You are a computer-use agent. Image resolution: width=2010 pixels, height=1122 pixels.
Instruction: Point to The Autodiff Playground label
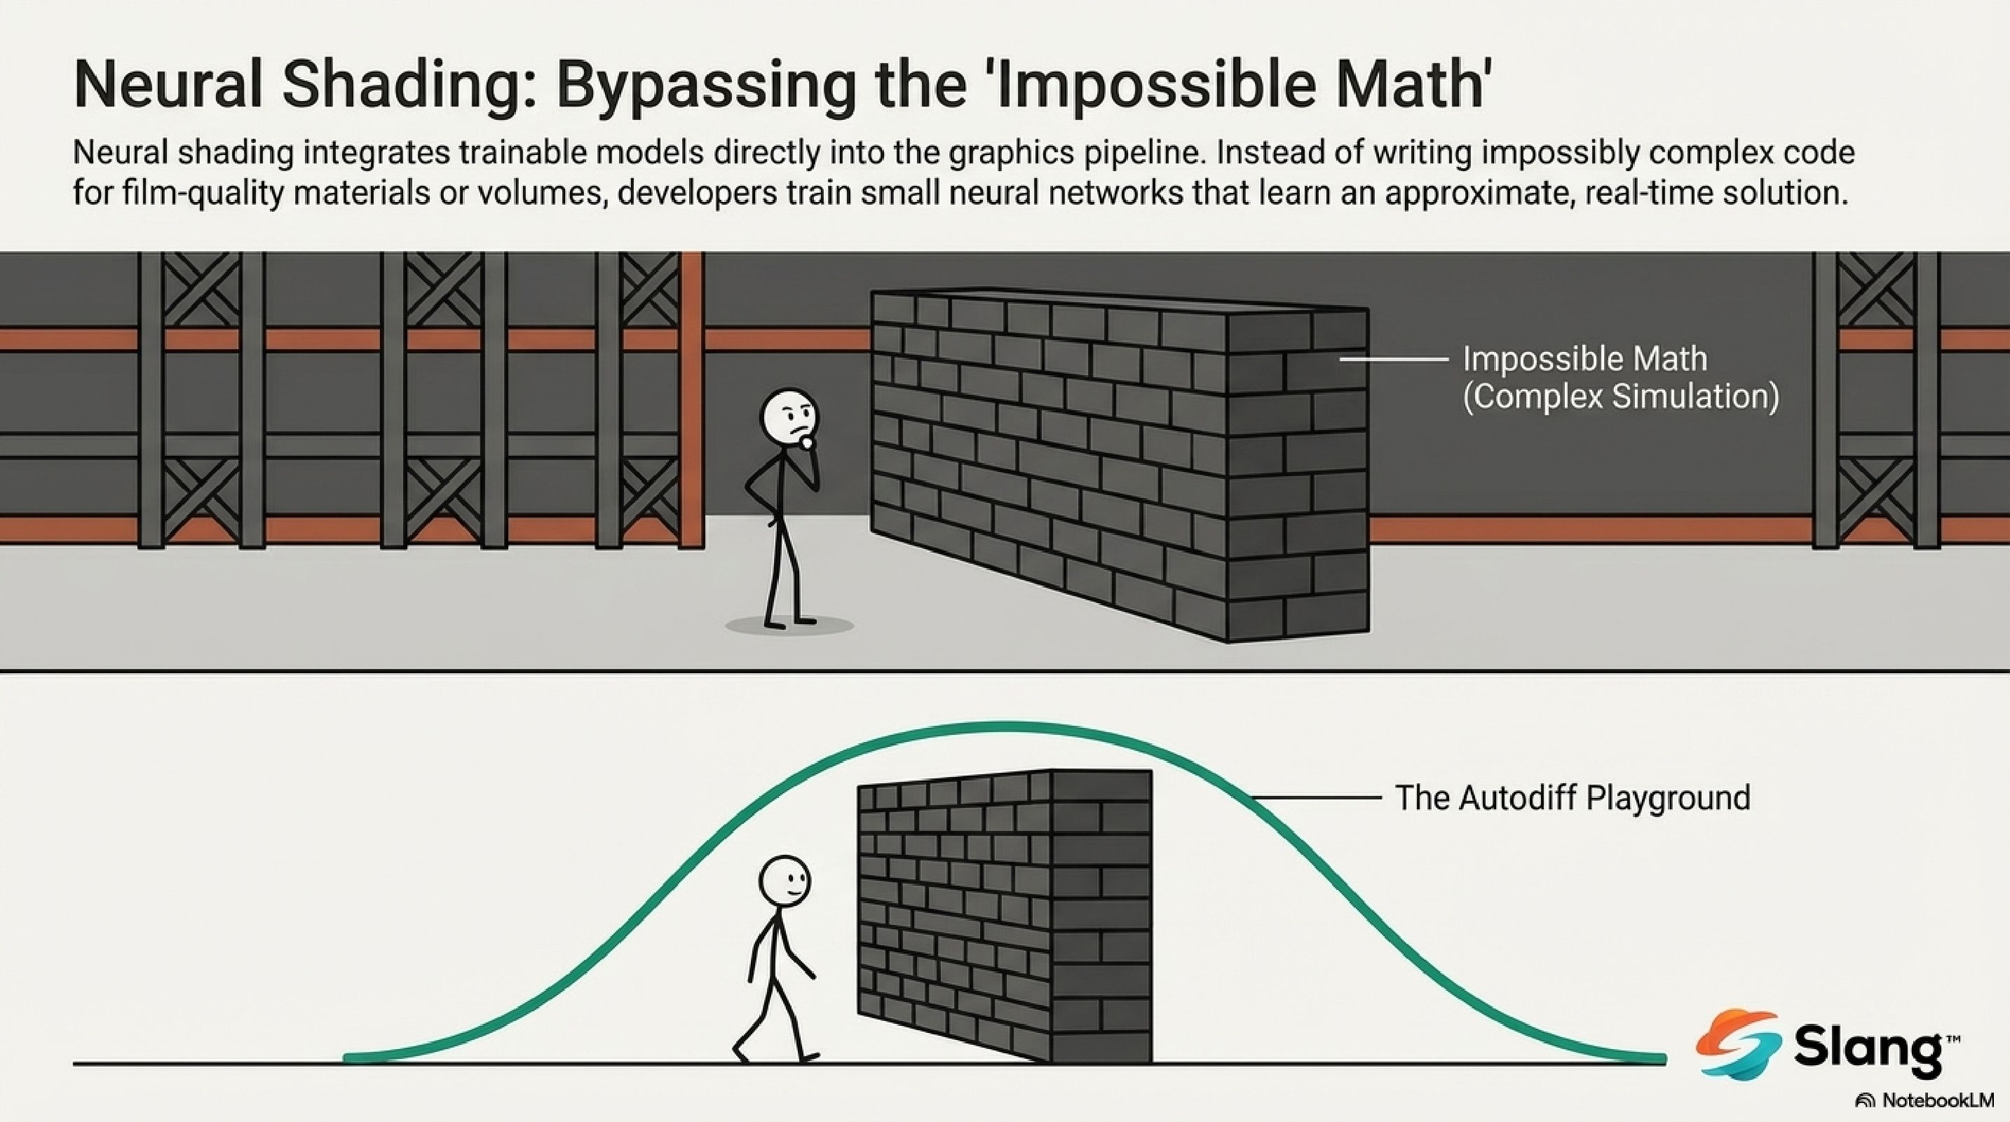point(1573,797)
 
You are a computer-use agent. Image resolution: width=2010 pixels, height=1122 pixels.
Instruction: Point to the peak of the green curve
point(1007,726)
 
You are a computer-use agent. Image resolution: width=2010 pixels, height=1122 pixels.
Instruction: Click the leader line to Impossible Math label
point(1394,359)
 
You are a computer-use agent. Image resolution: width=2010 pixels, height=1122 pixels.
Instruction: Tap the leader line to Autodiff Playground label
point(1315,797)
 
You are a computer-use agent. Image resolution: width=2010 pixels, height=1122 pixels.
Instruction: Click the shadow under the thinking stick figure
point(789,626)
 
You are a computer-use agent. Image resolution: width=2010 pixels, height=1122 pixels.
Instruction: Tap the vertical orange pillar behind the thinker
point(692,398)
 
